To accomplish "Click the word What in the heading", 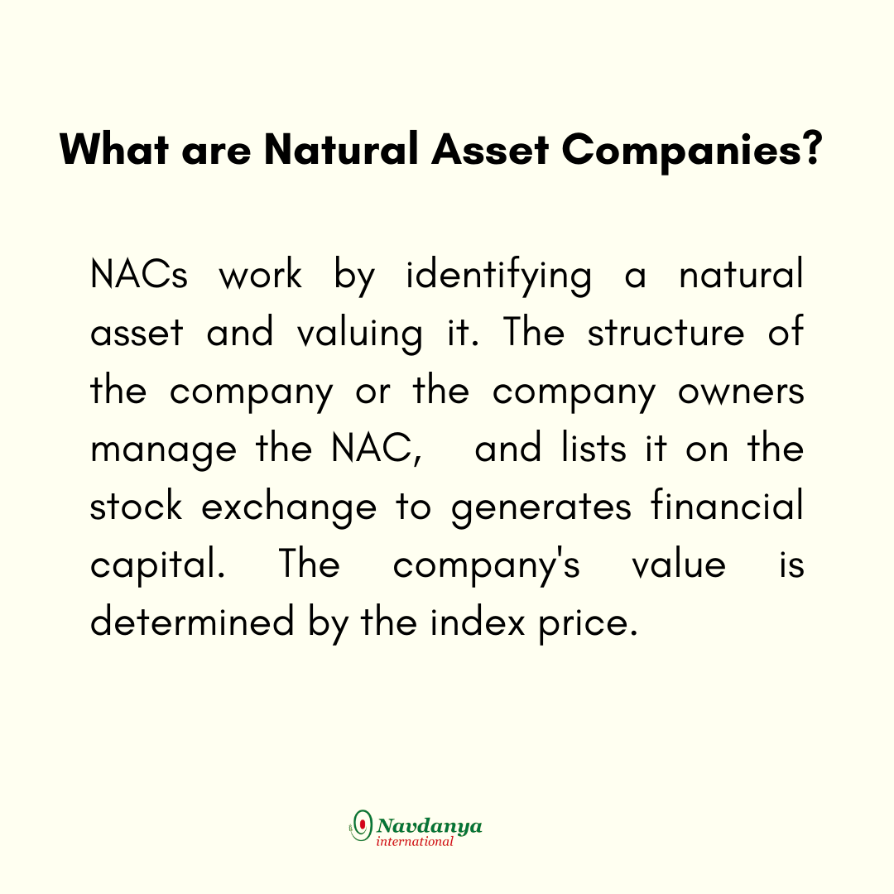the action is pos(114,149).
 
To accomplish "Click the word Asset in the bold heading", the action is pos(490,149).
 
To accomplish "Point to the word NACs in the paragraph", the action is pos(139,274).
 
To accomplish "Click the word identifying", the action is pos(499,276).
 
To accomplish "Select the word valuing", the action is pos(360,334).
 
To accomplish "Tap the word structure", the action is pos(666,333).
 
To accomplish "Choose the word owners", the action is pos(741,392).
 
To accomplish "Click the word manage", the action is pos(163,452).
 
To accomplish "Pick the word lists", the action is pos(594,448).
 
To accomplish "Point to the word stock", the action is pos(137,506).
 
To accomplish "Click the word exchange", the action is pos(289,508).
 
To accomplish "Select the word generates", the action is pos(541,509).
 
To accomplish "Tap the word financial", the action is pos(727,505).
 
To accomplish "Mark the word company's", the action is pos(487,566).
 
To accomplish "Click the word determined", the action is pos(193,622).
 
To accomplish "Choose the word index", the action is pos(478,622).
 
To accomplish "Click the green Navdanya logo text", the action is pos(430,826).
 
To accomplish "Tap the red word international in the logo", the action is pos(415,842).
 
